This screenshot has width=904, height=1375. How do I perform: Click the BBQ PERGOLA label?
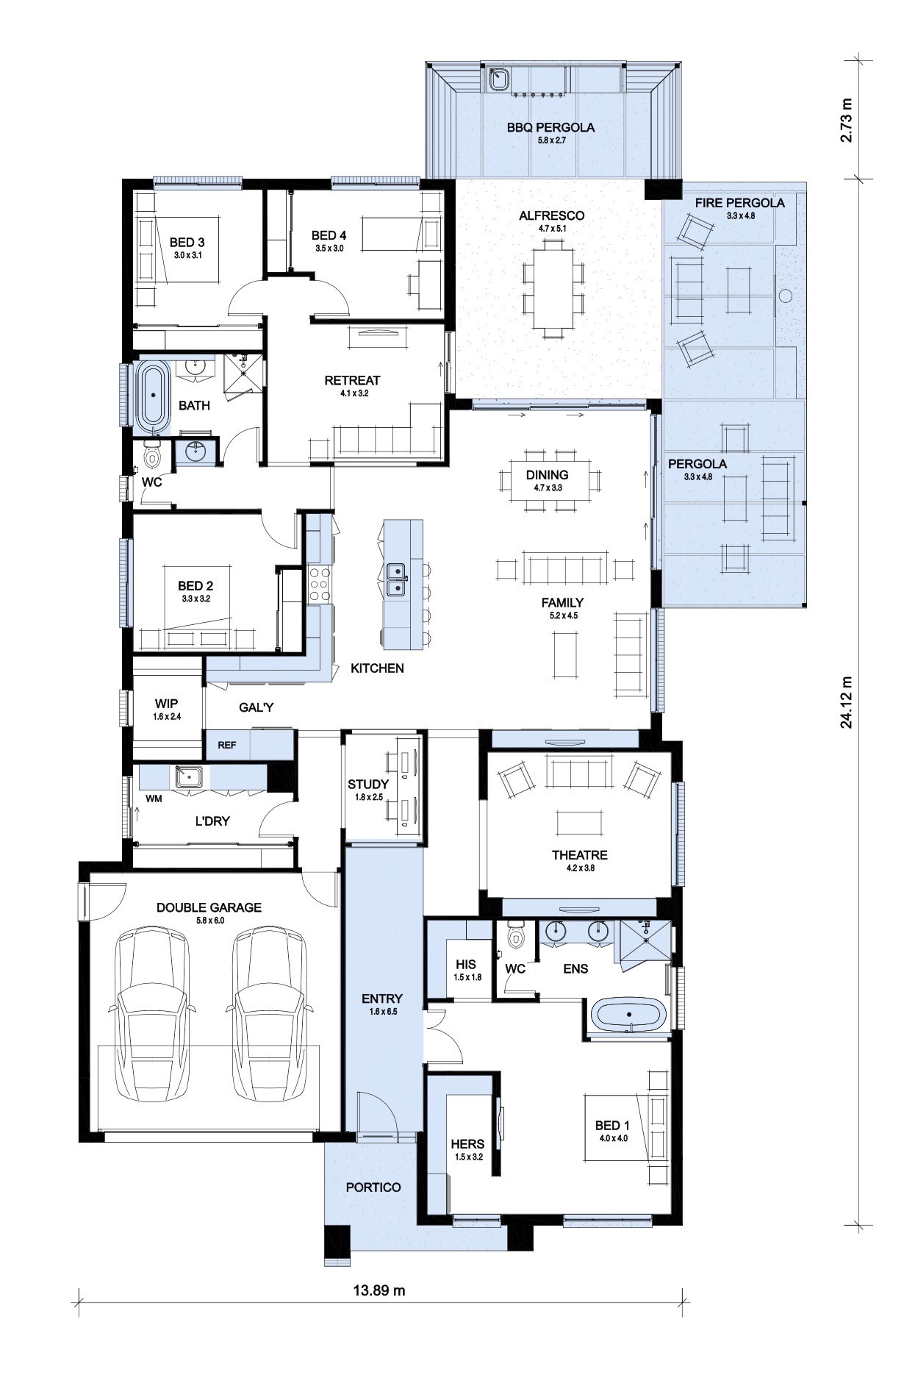[x=550, y=127]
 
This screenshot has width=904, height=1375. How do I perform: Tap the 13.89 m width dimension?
[x=380, y=1290]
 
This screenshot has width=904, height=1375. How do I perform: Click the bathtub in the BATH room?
[x=154, y=396]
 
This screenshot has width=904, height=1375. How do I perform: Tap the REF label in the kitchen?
[x=227, y=745]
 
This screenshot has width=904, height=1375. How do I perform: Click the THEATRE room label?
[x=580, y=855]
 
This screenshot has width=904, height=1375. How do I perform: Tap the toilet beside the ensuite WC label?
[x=517, y=935]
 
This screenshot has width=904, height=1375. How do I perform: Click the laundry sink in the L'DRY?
[x=190, y=776]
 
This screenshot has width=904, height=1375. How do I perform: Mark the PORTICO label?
[x=373, y=1187]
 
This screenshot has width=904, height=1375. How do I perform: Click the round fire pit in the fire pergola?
[x=785, y=296]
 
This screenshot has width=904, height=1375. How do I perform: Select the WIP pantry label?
[x=167, y=704]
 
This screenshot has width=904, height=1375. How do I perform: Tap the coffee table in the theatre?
[x=579, y=821]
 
